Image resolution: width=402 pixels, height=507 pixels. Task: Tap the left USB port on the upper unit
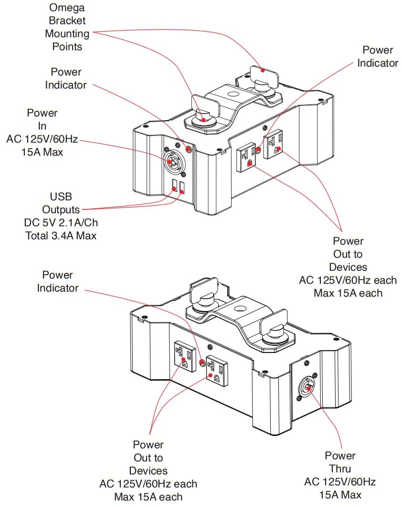[x=175, y=186]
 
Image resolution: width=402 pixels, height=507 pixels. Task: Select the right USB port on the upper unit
[x=182, y=186]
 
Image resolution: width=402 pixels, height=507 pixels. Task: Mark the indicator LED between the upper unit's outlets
[x=259, y=150]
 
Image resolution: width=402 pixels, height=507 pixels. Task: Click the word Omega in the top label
[x=67, y=8]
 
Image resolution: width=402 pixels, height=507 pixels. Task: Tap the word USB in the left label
[x=61, y=197]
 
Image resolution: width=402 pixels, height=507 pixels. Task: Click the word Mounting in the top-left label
[x=67, y=34]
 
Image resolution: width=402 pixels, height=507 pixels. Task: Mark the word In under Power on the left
[x=42, y=126]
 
